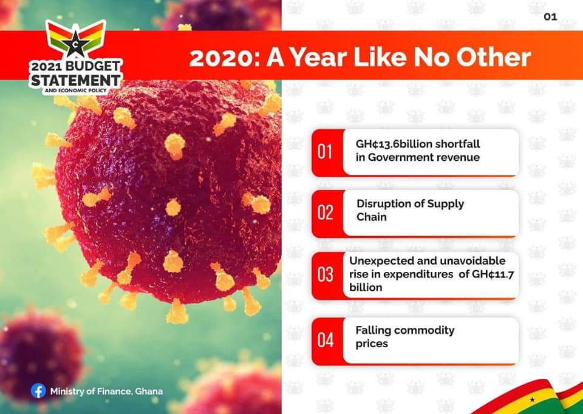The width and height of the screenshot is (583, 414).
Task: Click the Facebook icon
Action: pyautogui.click(x=38, y=391)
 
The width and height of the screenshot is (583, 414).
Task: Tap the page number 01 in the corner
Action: pyautogui.click(x=550, y=17)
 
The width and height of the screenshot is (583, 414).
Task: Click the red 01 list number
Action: pyautogui.click(x=324, y=152)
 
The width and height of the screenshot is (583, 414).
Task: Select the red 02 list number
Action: pyautogui.click(x=325, y=212)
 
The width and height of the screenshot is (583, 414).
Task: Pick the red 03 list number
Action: pyautogui.click(x=325, y=274)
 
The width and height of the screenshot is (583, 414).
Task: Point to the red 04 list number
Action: pyautogui.click(x=326, y=340)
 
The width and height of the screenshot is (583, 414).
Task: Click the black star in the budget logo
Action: pyautogui.click(x=75, y=43)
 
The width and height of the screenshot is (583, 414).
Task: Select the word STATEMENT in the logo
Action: pyautogui.click(x=76, y=80)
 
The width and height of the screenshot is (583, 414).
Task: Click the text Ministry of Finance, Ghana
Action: pyautogui.click(x=106, y=392)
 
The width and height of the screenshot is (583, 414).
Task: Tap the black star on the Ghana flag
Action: pyautogui.click(x=532, y=400)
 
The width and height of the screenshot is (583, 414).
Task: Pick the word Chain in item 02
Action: pyautogui.click(x=372, y=217)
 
